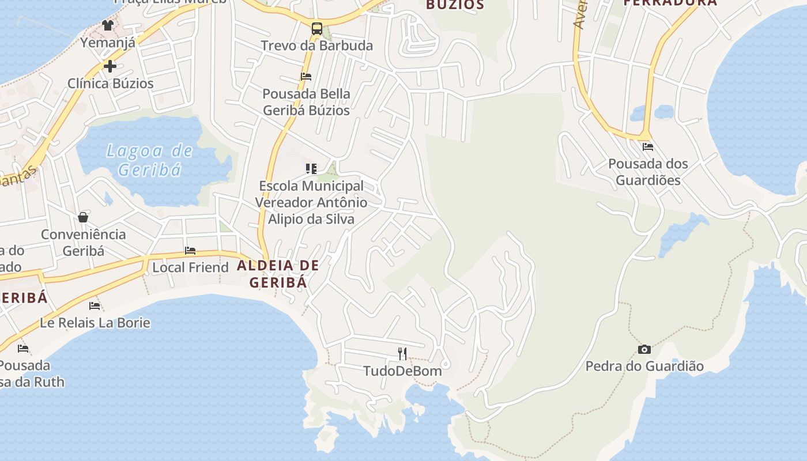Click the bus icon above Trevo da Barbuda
pyautogui.click(x=316, y=28)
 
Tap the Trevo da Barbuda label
pyautogui.click(x=316, y=46)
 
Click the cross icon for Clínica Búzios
pyautogui.click(x=110, y=66)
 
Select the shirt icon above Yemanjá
pyautogui.click(x=108, y=25)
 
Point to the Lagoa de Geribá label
pyautogui.click(x=150, y=160)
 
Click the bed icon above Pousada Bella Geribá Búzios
pyautogui.click(x=306, y=76)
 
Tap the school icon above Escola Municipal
pyautogui.click(x=311, y=169)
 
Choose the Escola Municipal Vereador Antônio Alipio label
pyautogui.click(x=311, y=202)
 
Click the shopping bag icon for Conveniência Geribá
pyautogui.click(x=83, y=217)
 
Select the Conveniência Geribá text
pyautogui.click(x=83, y=243)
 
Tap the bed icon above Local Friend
pyautogui.click(x=190, y=251)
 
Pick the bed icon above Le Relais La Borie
pyautogui.click(x=95, y=306)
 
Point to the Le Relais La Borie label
pyautogui.click(x=95, y=323)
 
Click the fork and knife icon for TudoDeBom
pyautogui.click(x=402, y=353)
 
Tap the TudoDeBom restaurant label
pyautogui.click(x=402, y=371)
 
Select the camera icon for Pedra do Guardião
pyautogui.click(x=644, y=349)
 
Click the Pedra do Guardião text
pyautogui.click(x=644, y=366)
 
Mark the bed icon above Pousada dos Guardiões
pyautogui.click(x=648, y=147)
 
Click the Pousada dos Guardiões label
pyautogui.click(x=648, y=172)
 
